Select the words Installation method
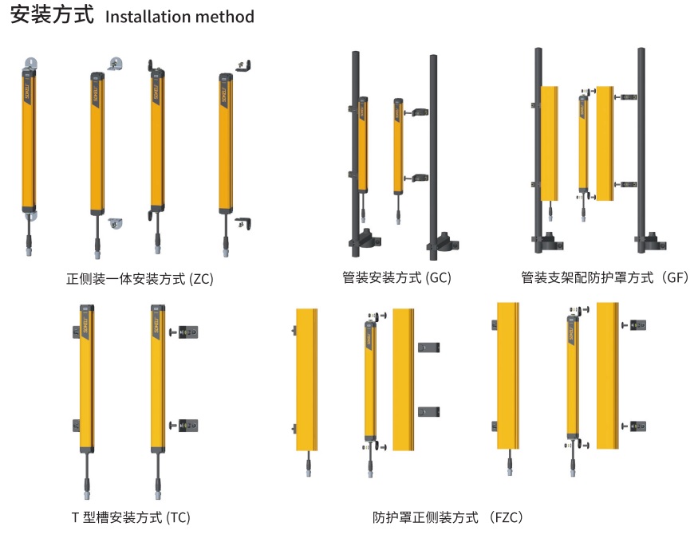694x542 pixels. pos(179,17)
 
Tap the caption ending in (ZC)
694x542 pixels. pos(140,279)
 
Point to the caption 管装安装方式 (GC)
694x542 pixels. pos(396,278)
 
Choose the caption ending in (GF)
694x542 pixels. pos(604,278)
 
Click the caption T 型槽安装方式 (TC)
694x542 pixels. pos(131,517)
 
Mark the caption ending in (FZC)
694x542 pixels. pos(449,517)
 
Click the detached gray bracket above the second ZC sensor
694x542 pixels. pos(114,64)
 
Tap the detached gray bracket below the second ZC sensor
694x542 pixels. pos(114,225)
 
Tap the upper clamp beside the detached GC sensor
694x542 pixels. pos(416,113)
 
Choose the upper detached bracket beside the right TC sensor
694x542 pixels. pos(188,331)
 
